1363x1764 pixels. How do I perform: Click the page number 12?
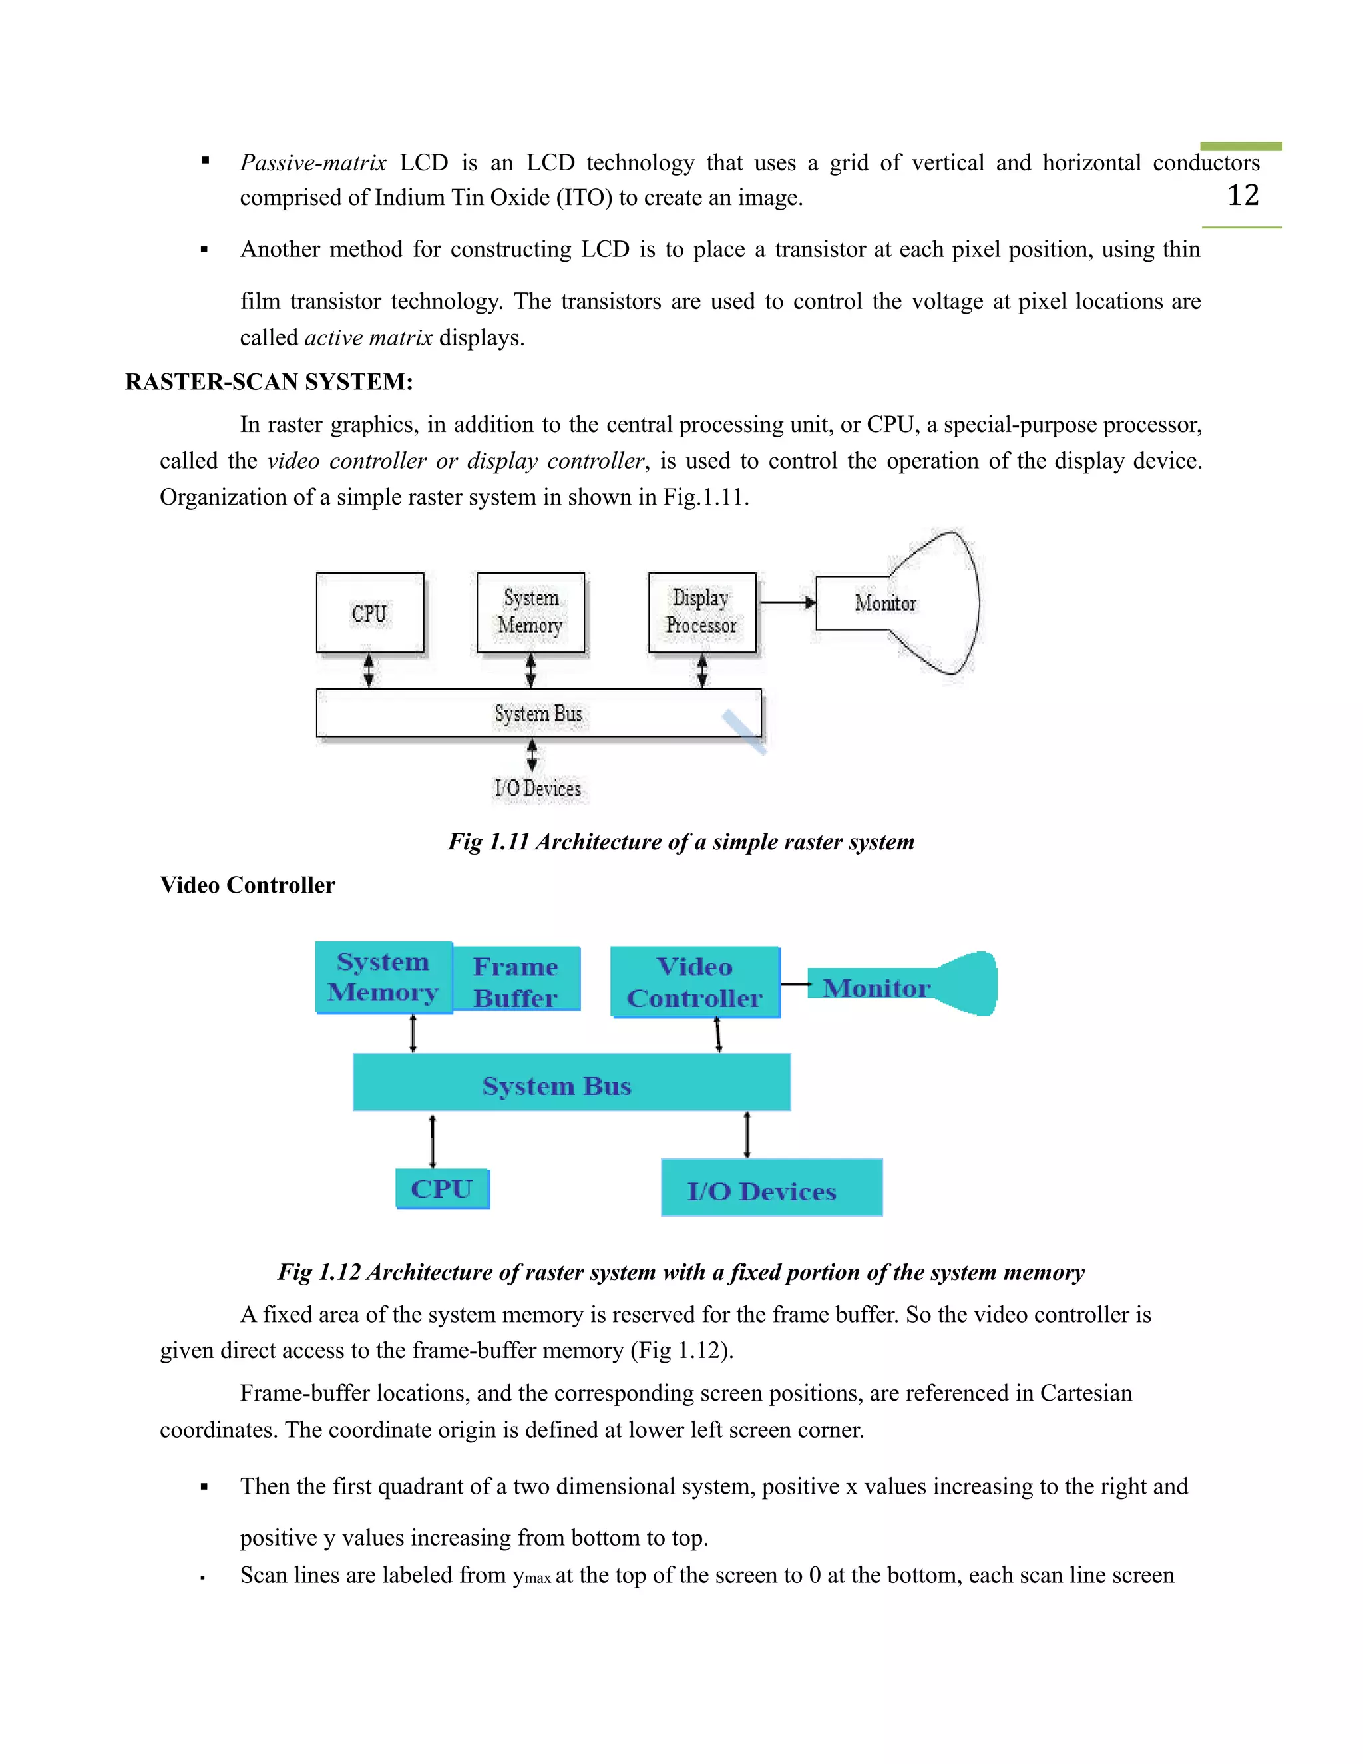tap(1243, 196)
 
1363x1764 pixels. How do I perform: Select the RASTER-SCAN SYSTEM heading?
tap(269, 382)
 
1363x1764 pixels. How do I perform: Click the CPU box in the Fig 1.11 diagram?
tap(370, 613)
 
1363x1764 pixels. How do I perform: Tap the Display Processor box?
tap(701, 612)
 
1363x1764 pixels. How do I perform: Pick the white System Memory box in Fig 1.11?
tap(530, 612)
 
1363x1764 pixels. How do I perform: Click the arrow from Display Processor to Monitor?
tap(787, 602)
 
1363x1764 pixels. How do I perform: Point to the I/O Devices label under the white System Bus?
tap(538, 788)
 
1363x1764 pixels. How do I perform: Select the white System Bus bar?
tap(538, 713)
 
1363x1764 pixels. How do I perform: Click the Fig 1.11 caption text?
tap(681, 841)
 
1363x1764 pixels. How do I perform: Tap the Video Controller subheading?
tap(247, 885)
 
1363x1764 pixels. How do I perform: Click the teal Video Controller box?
tap(695, 982)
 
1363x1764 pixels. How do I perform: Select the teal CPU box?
tap(442, 1189)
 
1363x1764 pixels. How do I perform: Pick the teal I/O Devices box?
tap(771, 1189)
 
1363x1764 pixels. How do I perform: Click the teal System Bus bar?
tap(571, 1083)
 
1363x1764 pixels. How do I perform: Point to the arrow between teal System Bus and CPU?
tap(433, 1140)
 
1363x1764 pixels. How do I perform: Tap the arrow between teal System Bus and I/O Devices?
tap(747, 1135)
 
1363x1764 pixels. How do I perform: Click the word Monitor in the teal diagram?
tap(876, 988)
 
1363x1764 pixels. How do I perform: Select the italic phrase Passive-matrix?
tap(313, 163)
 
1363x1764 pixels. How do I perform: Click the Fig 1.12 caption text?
tap(681, 1272)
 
